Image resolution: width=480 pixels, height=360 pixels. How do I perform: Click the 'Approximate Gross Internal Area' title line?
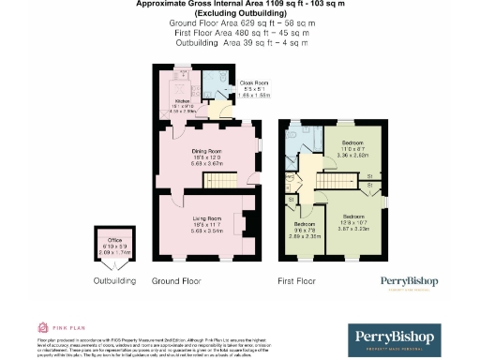(239, 5)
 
